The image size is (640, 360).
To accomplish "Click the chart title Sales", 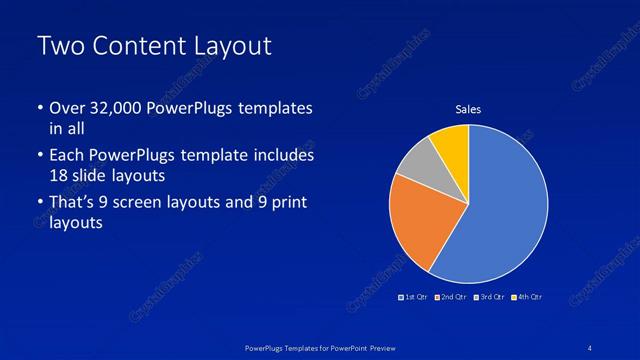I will (469, 109).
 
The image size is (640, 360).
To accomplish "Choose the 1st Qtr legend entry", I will (415, 297).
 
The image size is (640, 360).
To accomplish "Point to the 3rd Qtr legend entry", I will (490, 297).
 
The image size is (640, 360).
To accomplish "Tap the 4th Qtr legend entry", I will (526, 297).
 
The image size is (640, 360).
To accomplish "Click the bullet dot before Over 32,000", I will (39, 108).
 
